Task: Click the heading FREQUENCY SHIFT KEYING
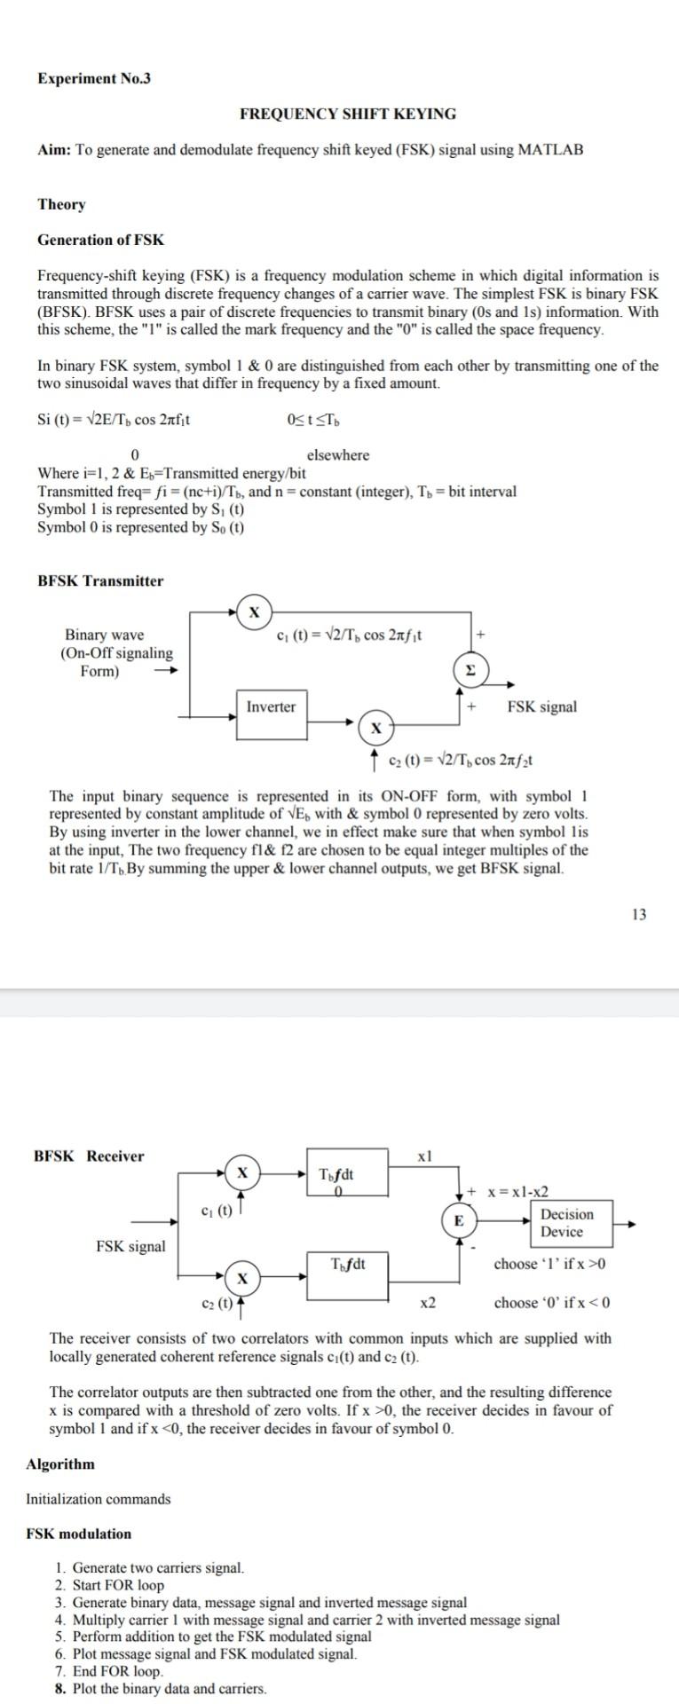click(x=348, y=114)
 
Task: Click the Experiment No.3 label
click(x=94, y=78)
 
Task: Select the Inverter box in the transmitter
click(x=272, y=707)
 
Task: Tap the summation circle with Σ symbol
click(x=470, y=670)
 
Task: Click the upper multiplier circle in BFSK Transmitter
click(x=255, y=612)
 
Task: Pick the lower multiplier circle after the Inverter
click(x=376, y=728)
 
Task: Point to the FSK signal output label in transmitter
click(x=541, y=707)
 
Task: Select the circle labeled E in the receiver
click(x=458, y=1221)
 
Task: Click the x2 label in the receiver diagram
click(x=428, y=1303)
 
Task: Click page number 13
click(x=639, y=915)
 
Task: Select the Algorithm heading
click(x=60, y=1464)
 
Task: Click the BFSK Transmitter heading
click(x=100, y=581)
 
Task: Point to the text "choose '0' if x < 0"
click(x=552, y=1303)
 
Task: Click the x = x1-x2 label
click(x=518, y=1192)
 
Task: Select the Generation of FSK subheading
click(x=100, y=240)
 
